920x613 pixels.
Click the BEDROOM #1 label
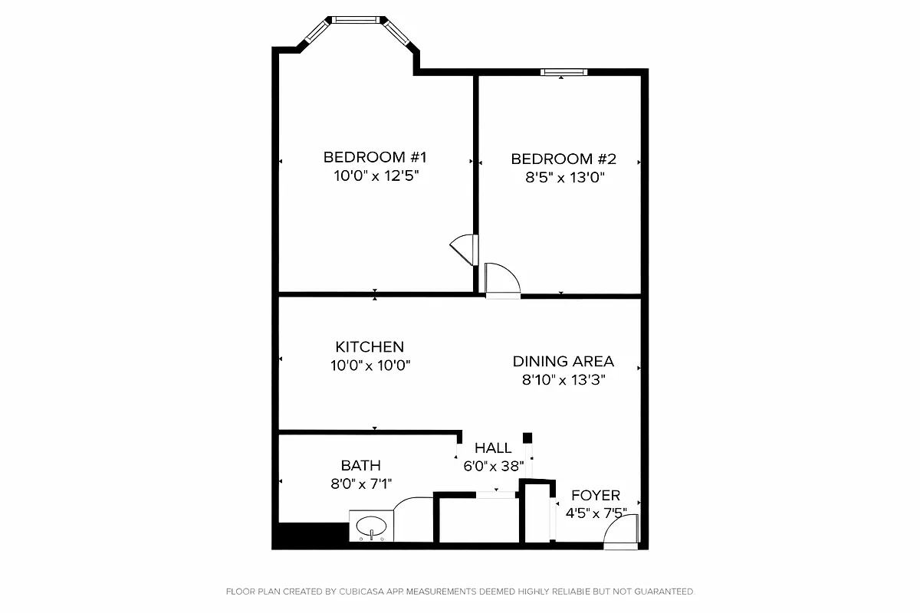click(374, 157)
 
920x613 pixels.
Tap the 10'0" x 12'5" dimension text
click(374, 176)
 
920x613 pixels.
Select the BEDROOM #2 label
click(563, 159)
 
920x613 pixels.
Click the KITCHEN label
click(370, 347)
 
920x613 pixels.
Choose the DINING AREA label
click(563, 362)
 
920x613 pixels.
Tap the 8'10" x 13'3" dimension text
click(563, 380)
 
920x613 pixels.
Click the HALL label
click(493, 448)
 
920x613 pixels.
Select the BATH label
click(360, 465)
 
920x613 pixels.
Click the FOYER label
click(596, 496)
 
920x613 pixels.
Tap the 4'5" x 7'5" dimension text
click(596, 513)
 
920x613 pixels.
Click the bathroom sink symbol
click(372, 527)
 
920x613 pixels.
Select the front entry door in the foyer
click(621, 532)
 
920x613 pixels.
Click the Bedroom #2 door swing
click(502, 280)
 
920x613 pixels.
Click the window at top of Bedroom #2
click(563, 72)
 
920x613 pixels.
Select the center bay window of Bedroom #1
click(355, 19)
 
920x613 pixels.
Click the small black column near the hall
click(527, 438)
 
